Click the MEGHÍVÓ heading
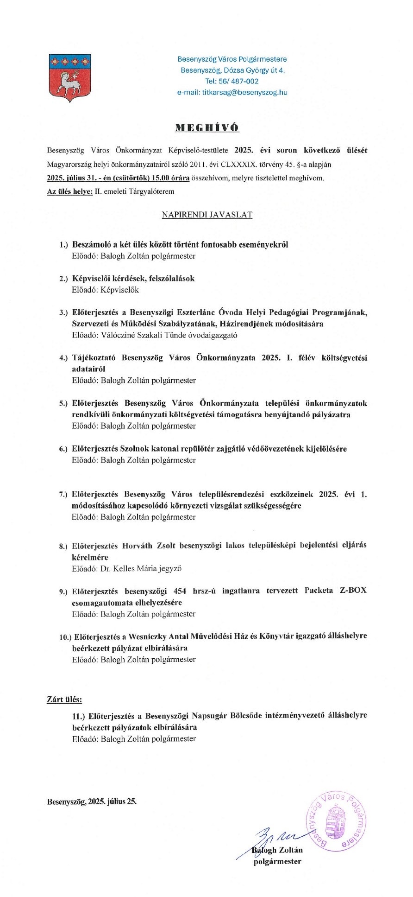point(207,128)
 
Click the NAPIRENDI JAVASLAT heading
point(207,215)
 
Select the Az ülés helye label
point(69,191)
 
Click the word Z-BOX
point(352,591)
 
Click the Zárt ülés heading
point(64,699)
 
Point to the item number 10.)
point(65,637)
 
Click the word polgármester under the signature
point(277,861)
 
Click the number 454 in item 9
point(180,591)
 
